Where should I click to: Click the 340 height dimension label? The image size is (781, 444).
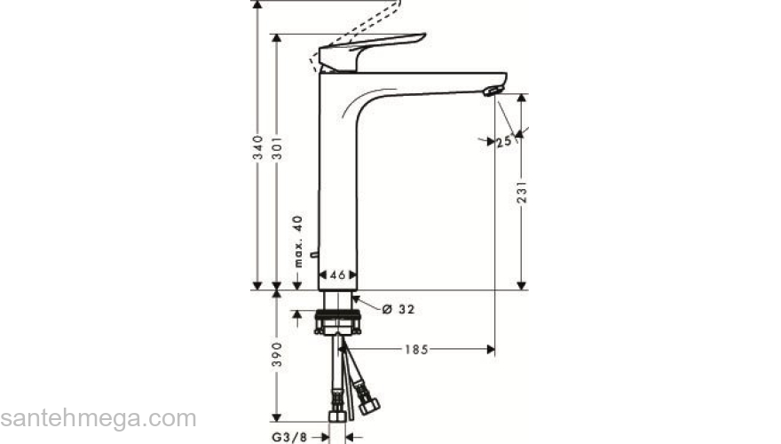pyautogui.click(x=257, y=147)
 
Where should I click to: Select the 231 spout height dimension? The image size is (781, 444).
pyautogui.click(x=523, y=194)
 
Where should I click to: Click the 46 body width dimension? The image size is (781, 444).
pyautogui.click(x=338, y=276)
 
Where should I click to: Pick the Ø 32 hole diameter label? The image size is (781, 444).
pyautogui.click(x=398, y=309)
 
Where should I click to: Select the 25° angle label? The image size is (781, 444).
pyautogui.click(x=505, y=141)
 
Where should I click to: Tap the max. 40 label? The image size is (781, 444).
pyautogui.click(x=299, y=242)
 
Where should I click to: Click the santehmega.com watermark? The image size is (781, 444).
pyautogui.click(x=98, y=417)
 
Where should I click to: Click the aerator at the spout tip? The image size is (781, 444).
pyautogui.click(x=491, y=90)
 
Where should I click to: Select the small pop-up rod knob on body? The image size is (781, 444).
pyautogui.click(x=314, y=254)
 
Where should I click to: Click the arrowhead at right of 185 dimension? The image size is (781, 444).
pyautogui.click(x=490, y=350)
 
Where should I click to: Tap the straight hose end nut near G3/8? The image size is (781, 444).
pyautogui.click(x=336, y=415)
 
